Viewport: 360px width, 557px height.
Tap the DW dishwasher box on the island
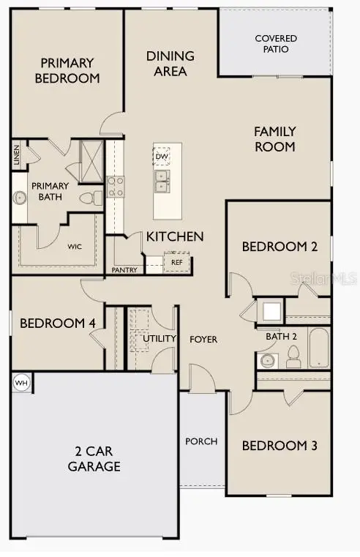[162, 156]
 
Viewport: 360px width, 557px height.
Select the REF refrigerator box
[176, 261]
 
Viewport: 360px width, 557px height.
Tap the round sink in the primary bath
[20, 197]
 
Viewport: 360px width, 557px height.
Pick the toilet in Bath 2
[293, 356]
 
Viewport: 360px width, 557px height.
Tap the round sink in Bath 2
[266, 360]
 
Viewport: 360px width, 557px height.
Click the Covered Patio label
[271, 43]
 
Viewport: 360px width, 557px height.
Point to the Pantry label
[125, 270]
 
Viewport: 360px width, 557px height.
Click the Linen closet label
[16, 155]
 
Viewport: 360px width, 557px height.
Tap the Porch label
[201, 441]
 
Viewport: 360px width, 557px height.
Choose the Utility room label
[160, 338]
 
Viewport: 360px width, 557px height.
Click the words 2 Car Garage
[94, 459]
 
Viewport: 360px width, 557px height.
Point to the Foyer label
[203, 339]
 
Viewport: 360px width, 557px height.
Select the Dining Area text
[170, 64]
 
